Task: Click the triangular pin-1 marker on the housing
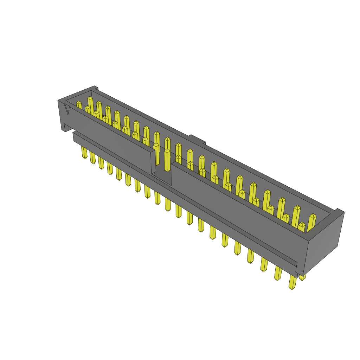point(67,110)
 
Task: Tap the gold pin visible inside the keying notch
point(167,160)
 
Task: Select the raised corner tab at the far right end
point(339,211)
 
